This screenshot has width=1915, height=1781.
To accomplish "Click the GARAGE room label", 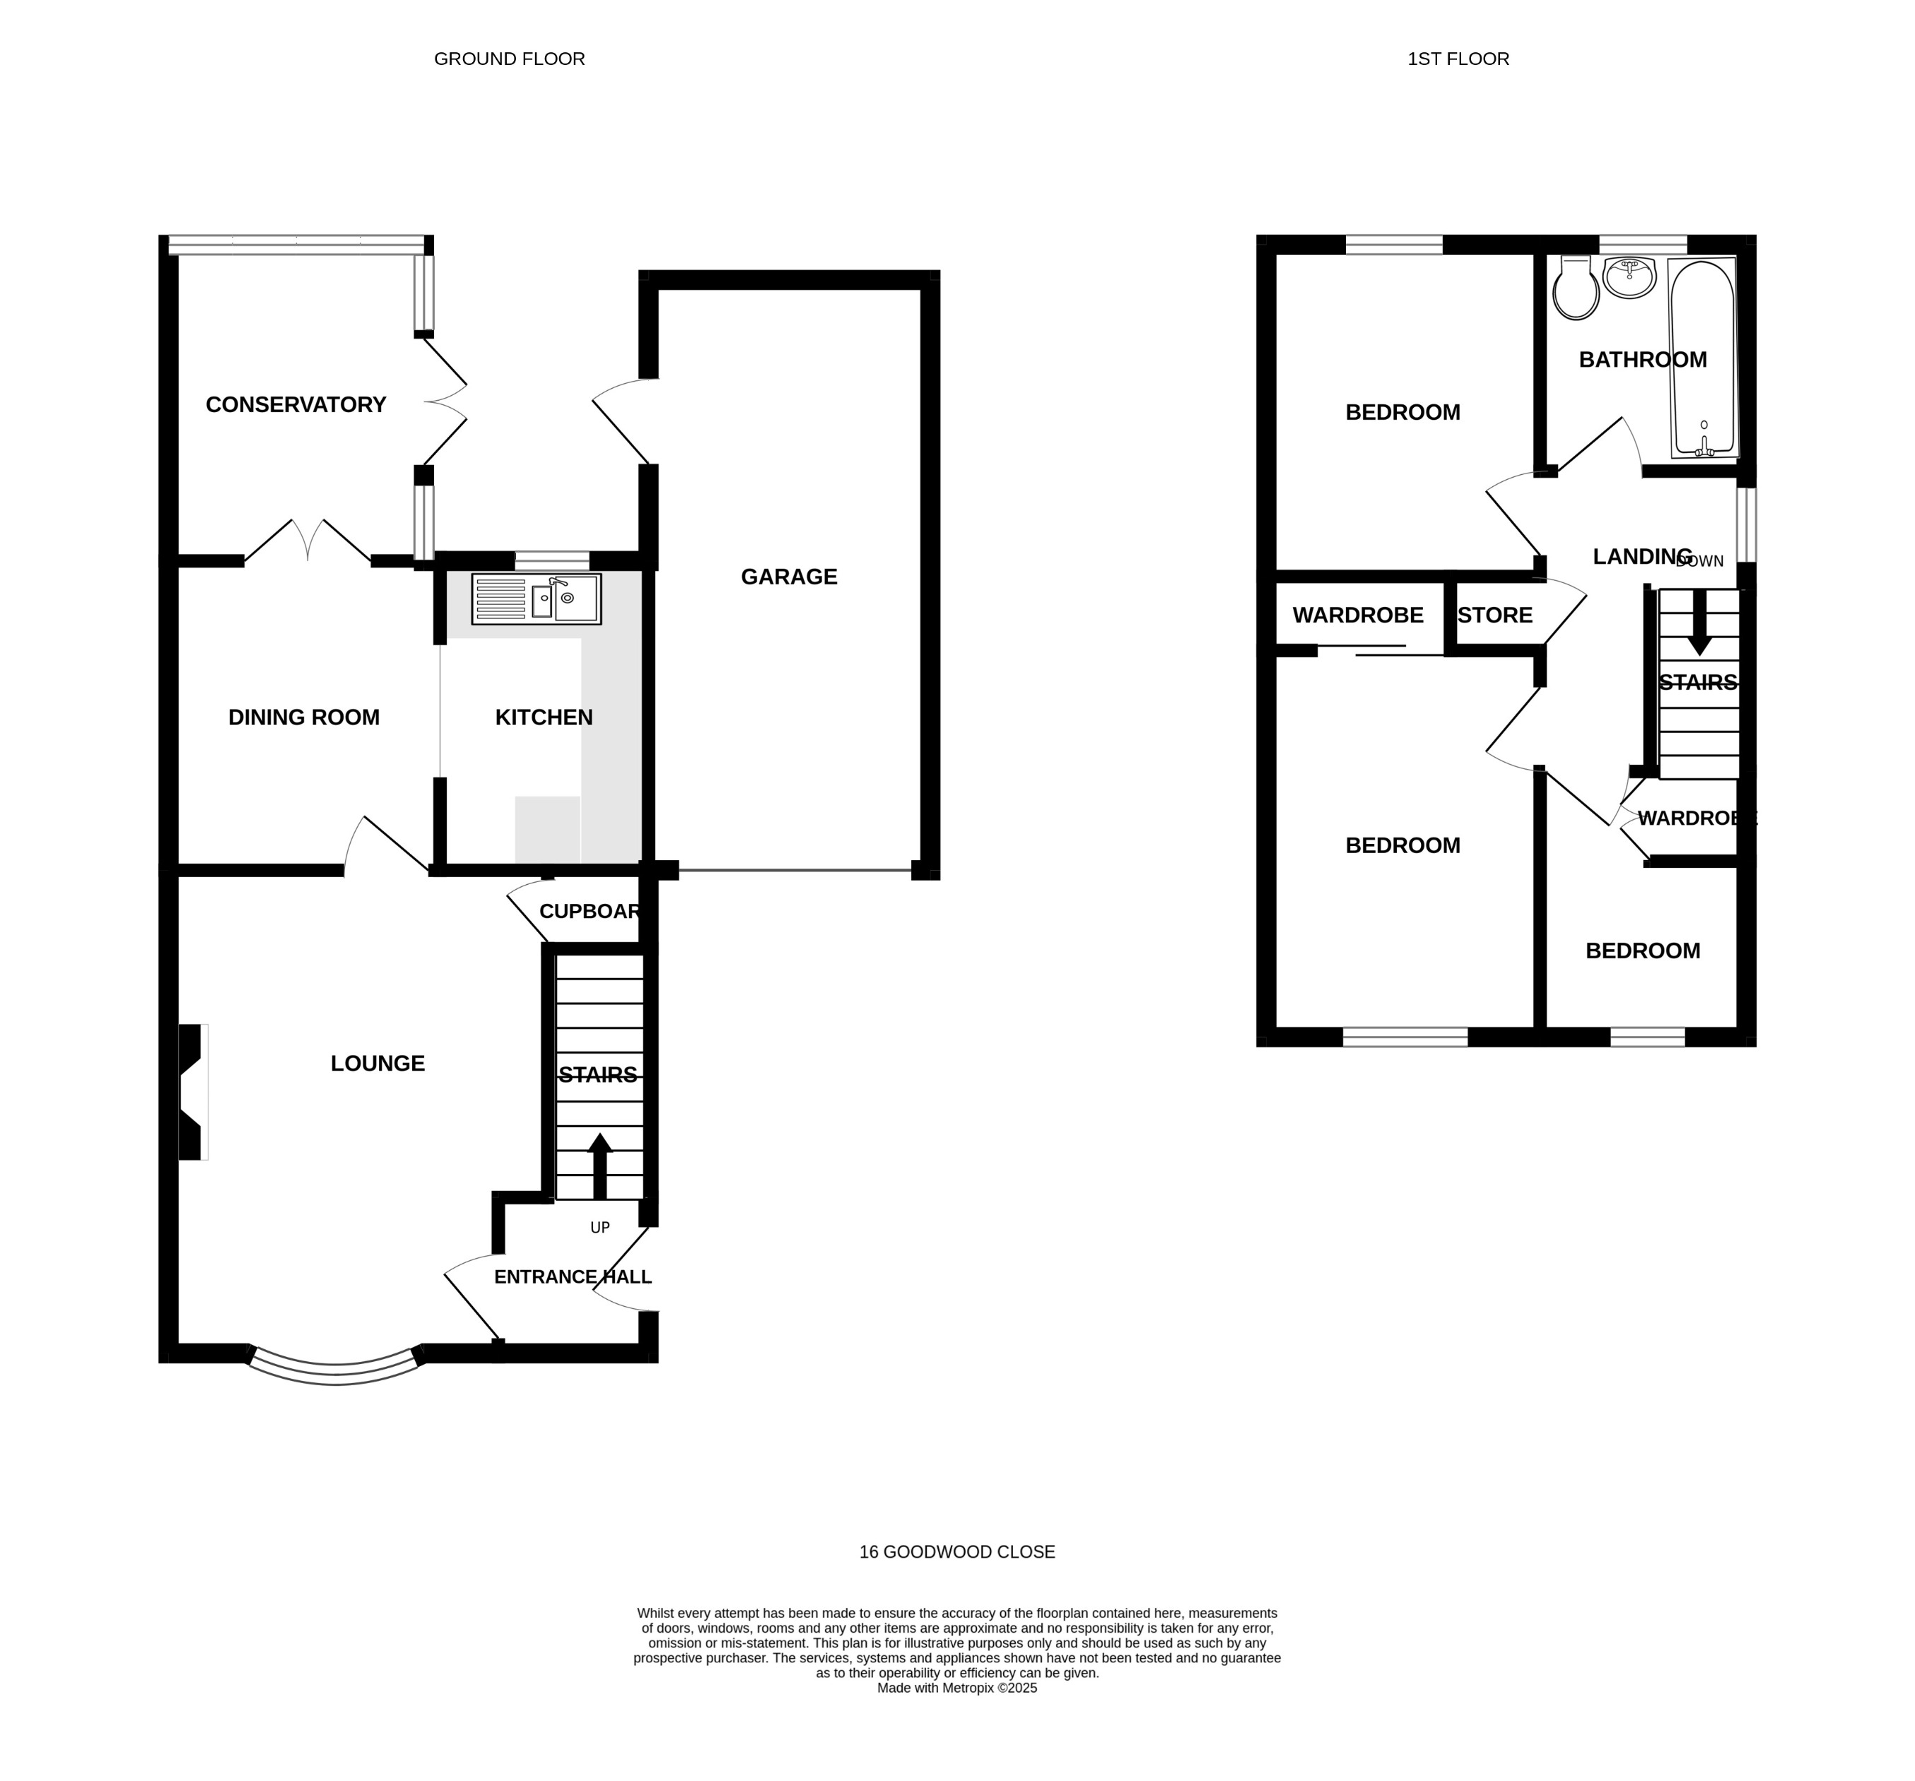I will pyautogui.click(x=788, y=576).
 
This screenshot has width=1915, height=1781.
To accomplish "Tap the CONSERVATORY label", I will pyautogui.click(x=295, y=404).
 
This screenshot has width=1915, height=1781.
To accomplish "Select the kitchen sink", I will pyautogui.click(x=536, y=599).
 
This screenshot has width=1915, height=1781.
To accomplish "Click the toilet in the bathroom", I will pyautogui.click(x=1575, y=288).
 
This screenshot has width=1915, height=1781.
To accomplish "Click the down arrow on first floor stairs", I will pyautogui.click(x=1699, y=623).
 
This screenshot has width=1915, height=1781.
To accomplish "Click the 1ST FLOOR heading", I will pyautogui.click(x=1458, y=59).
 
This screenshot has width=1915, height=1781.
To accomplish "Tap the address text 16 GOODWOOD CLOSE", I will pyautogui.click(x=956, y=1552).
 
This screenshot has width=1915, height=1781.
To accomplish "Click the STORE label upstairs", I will pyautogui.click(x=1494, y=616).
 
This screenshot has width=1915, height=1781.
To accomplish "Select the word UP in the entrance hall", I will pyautogui.click(x=599, y=1227).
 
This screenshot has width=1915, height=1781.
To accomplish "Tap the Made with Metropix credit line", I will pyautogui.click(x=956, y=1688).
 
